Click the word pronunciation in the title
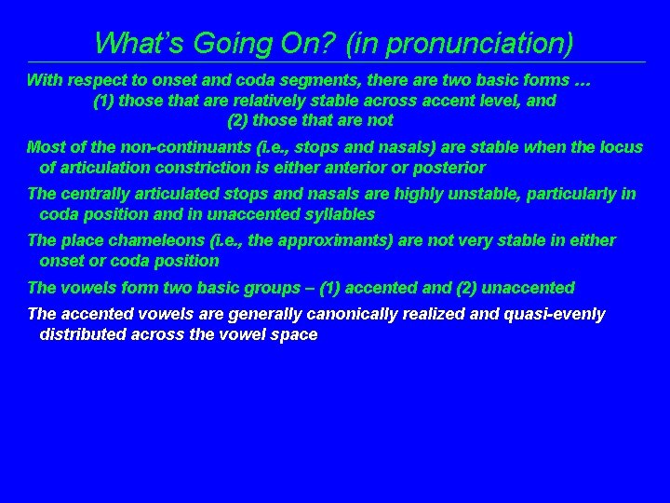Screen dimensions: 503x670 pyautogui.click(x=475, y=43)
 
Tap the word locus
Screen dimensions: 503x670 pyautogui.click(x=622, y=147)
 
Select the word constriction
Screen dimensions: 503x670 pyautogui.click(x=219, y=168)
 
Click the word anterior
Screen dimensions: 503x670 pyautogui.click(x=347, y=168)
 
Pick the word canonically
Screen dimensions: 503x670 pyautogui.click(x=350, y=314)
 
